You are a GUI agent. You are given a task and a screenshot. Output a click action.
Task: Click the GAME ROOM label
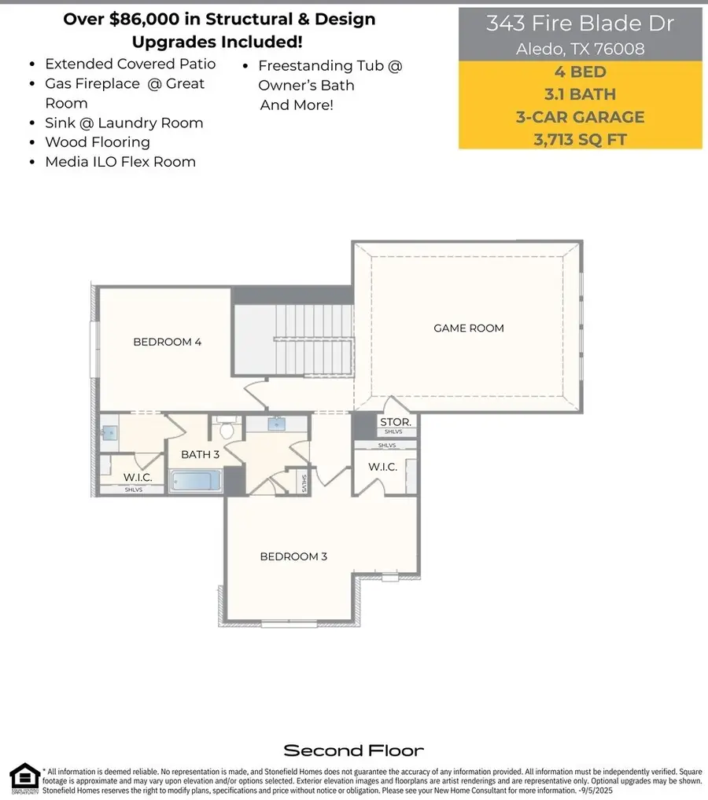(469, 328)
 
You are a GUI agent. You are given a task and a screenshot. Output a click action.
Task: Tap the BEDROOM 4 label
(168, 342)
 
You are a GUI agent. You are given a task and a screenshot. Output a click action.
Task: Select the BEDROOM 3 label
(293, 556)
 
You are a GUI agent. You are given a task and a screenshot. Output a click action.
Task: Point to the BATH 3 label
(200, 455)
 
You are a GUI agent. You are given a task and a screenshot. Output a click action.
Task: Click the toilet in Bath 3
(228, 430)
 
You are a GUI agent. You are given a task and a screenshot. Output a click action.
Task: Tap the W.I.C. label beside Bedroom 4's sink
(138, 477)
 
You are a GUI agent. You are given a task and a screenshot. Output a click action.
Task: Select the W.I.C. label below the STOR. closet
(382, 467)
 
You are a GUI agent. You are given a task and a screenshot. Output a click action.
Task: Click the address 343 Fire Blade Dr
(580, 24)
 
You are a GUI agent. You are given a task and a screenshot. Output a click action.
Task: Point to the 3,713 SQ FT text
(580, 141)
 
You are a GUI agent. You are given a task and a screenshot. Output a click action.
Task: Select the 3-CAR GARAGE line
(580, 118)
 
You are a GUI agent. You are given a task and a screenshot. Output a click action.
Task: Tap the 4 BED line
(580, 72)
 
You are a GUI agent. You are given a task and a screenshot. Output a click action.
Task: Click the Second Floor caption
(353, 750)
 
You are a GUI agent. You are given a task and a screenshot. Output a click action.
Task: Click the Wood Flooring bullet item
(98, 142)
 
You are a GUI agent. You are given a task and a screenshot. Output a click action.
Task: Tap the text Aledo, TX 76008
(580, 50)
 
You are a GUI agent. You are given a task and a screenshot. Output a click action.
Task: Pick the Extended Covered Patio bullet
(130, 64)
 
